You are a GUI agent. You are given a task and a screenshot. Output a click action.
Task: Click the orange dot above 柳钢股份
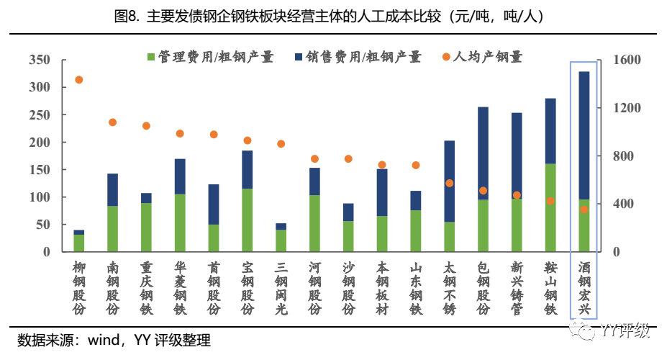click(79, 80)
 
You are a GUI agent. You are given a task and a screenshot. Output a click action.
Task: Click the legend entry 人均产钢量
click(481, 56)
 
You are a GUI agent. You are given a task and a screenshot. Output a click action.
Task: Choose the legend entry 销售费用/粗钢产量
click(357, 56)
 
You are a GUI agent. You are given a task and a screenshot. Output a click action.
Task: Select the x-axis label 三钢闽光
click(281, 289)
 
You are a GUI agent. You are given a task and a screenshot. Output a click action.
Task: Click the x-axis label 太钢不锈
click(450, 289)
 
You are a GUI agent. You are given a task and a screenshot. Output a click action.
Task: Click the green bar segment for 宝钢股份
click(248, 220)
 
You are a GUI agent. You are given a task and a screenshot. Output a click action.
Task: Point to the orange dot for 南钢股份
click(113, 122)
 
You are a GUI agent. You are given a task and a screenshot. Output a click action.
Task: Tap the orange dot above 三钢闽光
click(281, 144)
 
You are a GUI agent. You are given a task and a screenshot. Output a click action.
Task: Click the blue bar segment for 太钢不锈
click(450, 181)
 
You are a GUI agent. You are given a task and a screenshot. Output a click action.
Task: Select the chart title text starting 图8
click(335, 16)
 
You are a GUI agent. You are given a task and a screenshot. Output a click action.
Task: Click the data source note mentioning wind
click(114, 340)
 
